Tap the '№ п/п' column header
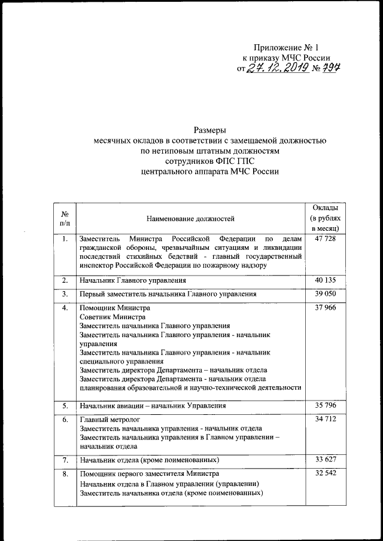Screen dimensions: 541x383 [65, 219]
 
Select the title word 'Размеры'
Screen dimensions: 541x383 [209, 130]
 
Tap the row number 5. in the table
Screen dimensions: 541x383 [65, 406]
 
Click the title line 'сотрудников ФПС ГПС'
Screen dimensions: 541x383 [209, 161]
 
